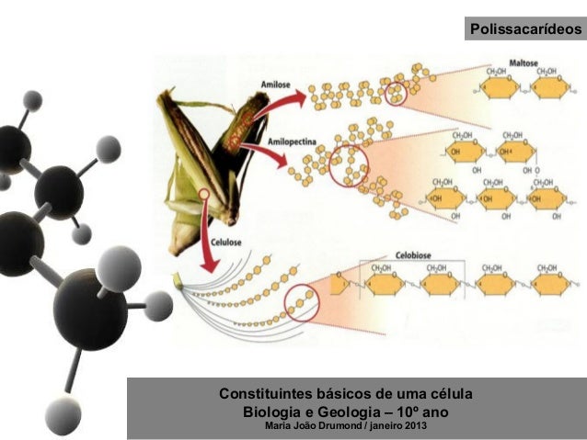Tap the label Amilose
tap(276, 84)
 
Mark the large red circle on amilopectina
tap(347, 166)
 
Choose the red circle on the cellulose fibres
tap(302, 301)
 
